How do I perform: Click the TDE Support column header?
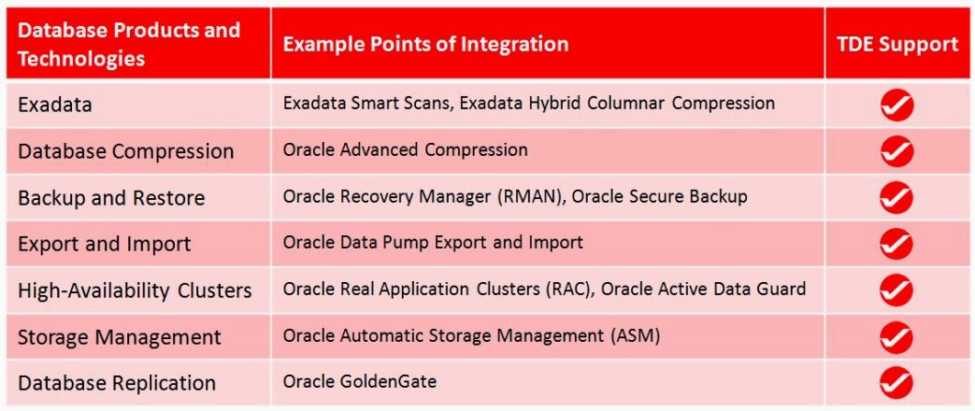click(896, 44)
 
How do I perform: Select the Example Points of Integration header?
click(425, 44)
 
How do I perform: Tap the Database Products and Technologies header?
click(129, 44)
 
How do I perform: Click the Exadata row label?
click(55, 105)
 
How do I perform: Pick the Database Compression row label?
click(126, 151)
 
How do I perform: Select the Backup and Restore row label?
click(111, 198)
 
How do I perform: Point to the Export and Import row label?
click(105, 244)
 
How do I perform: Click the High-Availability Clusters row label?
click(135, 291)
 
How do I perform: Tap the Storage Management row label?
click(120, 336)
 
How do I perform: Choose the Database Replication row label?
click(117, 383)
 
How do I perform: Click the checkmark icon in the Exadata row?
click(896, 106)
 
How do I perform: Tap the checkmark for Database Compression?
click(896, 151)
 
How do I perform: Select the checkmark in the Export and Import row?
click(896, 244)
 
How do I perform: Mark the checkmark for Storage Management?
click(896, 336)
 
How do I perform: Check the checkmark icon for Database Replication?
click(896, 383)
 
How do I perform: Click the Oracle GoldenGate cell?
click(360, 382)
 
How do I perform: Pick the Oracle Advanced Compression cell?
click(406, 149)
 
